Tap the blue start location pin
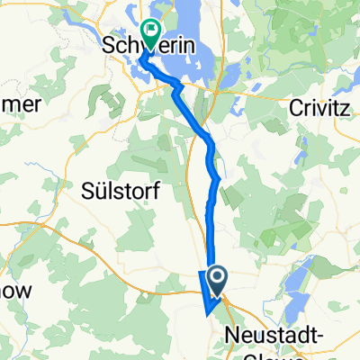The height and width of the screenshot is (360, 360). pyautogui.click(x=217, y=277)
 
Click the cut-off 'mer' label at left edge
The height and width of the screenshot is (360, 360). pyautogui.click(x=20, y=104)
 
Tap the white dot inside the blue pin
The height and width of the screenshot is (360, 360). pyautogui.click(x=217, y=274)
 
